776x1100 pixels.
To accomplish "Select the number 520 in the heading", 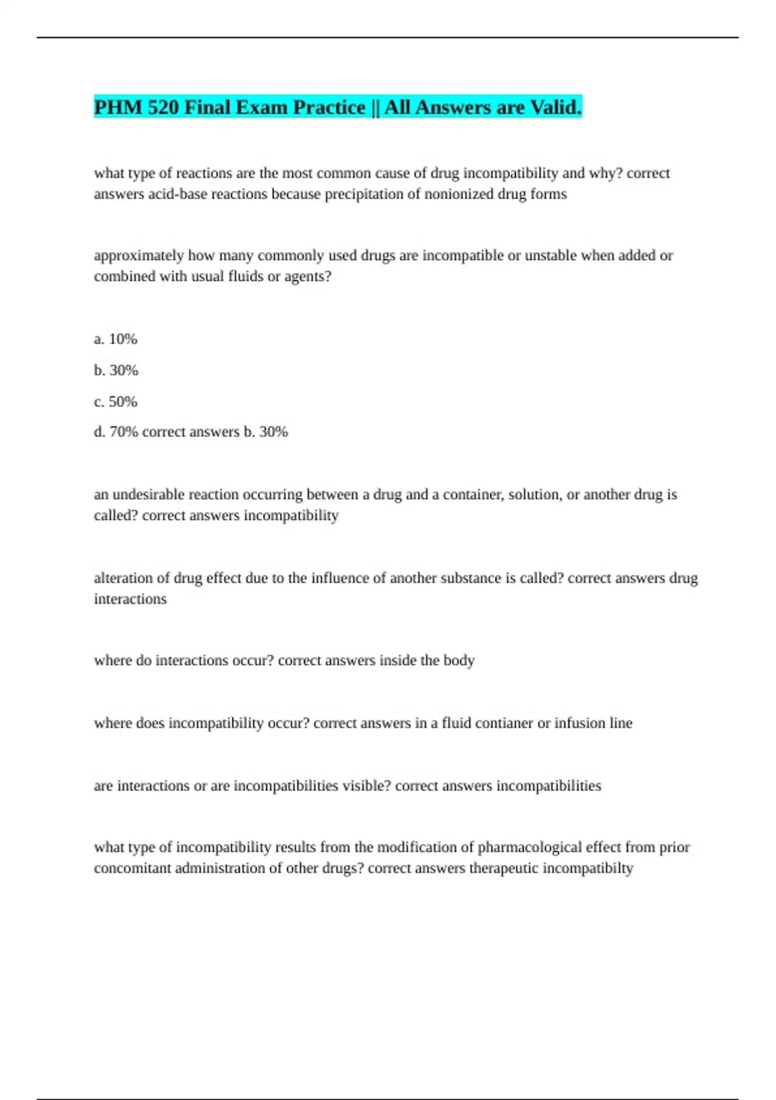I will (x=163, y=107).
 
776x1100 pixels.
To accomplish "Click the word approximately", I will (x=138, y=256).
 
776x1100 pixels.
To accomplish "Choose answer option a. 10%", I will (x=116, y=339).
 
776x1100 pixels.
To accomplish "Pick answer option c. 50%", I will (x=116, y=402).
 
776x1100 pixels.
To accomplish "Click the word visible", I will (x=367, y=786).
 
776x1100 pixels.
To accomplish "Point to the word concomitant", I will (x=132, y=868).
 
